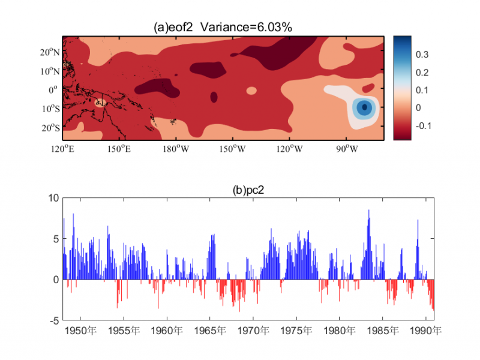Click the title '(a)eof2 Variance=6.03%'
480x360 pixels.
click(x=223, y=27)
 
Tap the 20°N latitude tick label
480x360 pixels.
click(x=50, y=52)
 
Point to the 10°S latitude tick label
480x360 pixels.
click(x=50, y=109)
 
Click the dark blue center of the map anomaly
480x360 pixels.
click(x=364, y=107)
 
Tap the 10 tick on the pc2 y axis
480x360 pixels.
click(x=53, y=198)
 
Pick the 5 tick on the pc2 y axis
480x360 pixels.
click(x=56, y=239)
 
